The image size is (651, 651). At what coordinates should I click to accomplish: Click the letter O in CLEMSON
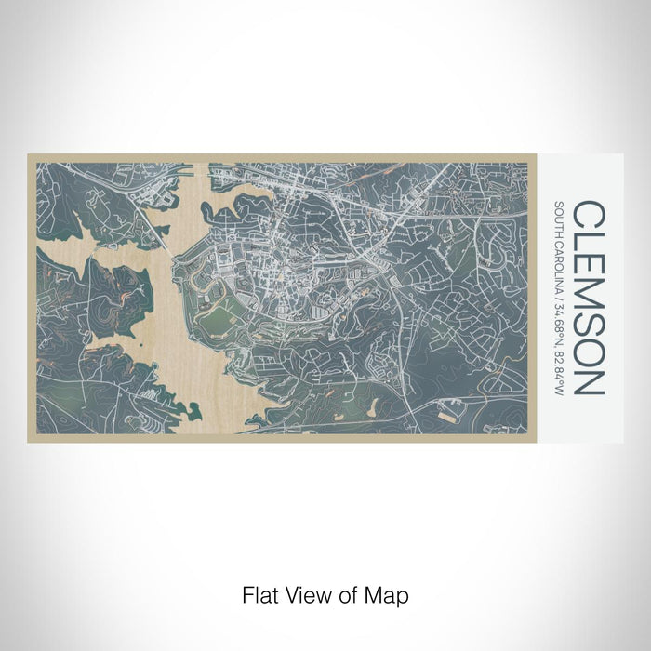pos(591,352)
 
